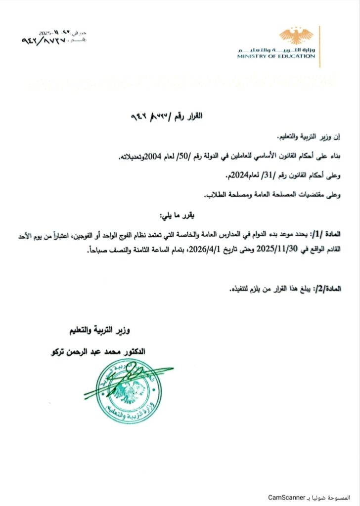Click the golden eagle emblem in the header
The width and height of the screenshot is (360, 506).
(x=296, y=36)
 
